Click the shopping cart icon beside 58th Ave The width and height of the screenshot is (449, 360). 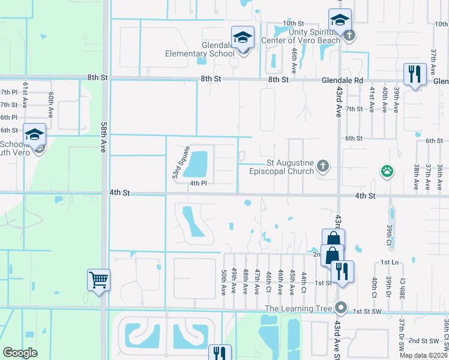(98, 279)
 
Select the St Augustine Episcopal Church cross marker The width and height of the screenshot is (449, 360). (323, 166)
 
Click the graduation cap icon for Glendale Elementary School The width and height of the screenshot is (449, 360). (243, 38)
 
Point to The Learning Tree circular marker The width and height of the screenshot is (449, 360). (342, 308)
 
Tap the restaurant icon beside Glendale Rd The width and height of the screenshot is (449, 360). (414, 74)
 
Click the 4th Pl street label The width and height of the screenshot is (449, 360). (198, 184)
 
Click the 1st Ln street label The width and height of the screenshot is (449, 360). (390, 263)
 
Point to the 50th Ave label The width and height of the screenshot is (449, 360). (223, 281)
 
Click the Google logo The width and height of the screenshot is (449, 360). (20, 353)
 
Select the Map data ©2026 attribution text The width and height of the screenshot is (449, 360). (423, 355)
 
